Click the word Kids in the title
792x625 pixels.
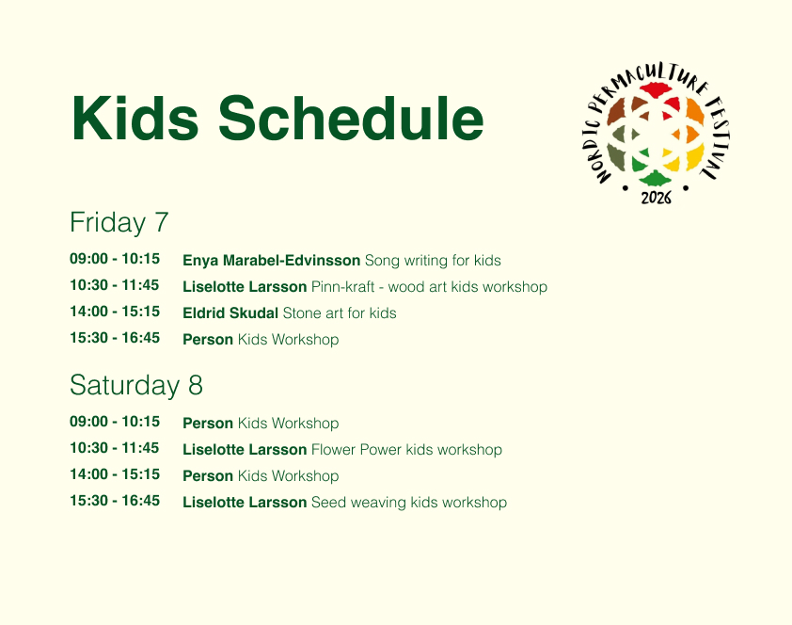tap(135, 119)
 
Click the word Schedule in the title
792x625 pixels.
tap(351, 119)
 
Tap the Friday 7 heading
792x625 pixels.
tap(119, 222)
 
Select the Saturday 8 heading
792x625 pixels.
tap(136, 385)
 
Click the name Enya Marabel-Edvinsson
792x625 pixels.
tap(271, 260)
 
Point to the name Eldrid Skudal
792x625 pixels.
tap(230, 312)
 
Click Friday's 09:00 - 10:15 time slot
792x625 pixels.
tap(115, 259)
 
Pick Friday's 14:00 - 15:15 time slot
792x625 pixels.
tap(115, 312)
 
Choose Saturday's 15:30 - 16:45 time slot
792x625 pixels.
tap(115, 501)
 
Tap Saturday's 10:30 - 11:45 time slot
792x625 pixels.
tap(115, 448)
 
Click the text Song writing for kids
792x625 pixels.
tap(433, 260)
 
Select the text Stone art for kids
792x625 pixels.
tap(340, 312)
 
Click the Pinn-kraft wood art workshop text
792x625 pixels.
tap(429, 286)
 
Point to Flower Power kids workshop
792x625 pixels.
tap(406, 449)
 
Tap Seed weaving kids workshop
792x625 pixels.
tap(409, 503)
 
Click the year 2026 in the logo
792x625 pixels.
tap(657, 198)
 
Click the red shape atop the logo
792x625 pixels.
tap(655, 90)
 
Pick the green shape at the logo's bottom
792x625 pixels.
tap(655, 178)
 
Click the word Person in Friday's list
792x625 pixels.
tap(208, 340)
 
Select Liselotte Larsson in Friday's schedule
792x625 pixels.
tap(245, 286)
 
